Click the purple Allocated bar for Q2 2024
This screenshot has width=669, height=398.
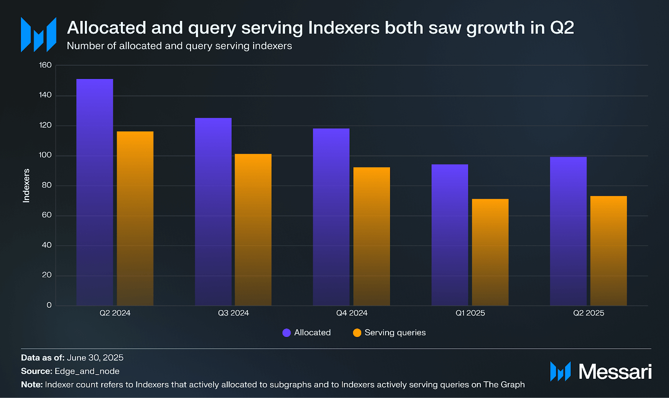94,192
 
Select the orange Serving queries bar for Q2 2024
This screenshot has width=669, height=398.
135,218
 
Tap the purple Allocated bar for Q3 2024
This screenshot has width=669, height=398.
213,211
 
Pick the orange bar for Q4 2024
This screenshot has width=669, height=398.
372,236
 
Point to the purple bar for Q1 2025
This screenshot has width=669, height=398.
449,235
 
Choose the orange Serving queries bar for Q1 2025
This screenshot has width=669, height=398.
490,252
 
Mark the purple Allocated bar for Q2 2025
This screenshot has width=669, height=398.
568,231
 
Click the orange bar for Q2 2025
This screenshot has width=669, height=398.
608,251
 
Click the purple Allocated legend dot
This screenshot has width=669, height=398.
286,333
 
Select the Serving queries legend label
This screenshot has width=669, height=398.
395,333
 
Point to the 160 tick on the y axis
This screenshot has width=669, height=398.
45,65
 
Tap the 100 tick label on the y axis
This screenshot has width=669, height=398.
45,155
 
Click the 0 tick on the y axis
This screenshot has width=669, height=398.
49,305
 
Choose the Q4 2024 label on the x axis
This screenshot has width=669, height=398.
352,313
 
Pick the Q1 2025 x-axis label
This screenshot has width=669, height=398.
470,313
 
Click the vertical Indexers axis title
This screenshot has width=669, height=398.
26,186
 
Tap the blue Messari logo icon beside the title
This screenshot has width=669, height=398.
38,35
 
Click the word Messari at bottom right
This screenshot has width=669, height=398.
615,372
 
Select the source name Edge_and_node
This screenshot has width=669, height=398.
87,371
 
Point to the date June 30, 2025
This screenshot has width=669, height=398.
95,358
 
